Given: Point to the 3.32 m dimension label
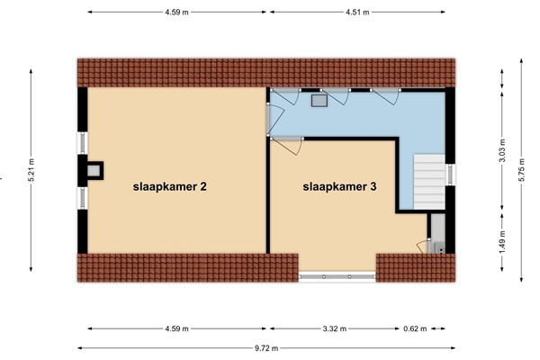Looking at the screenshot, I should (337, 328).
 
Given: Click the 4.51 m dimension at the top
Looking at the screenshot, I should (358, 12).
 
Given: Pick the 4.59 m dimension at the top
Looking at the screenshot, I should (177, 12).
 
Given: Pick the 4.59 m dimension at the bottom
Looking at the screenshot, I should (177, 328).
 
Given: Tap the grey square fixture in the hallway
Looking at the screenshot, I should (319, 101).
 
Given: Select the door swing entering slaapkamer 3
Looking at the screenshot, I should (288, 145).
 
